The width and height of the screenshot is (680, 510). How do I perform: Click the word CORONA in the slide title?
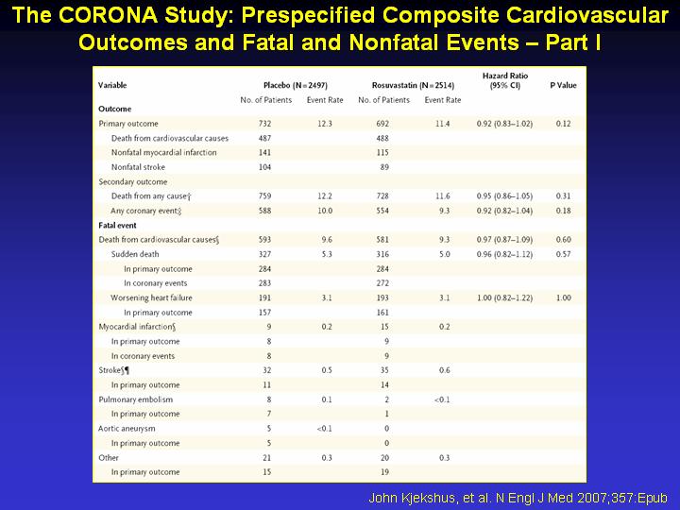(109, 16)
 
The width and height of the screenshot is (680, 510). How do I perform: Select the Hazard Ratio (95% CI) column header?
(504, 80)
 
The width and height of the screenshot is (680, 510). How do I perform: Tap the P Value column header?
(563, 85)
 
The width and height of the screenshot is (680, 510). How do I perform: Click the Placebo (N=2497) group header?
(296, 85)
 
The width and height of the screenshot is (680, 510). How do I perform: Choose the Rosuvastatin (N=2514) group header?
(413, 85)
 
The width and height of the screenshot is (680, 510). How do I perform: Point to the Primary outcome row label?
(128, 124)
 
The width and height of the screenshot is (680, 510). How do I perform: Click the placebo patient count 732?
(264, 124)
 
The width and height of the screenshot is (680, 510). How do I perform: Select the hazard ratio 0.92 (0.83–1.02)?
(504, 124)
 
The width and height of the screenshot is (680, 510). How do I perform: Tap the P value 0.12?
(563, 124)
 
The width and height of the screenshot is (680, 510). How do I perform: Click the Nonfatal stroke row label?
(138, 167)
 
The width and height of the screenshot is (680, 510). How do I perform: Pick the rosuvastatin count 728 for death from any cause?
(382, 196)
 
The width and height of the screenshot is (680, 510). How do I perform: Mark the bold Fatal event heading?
(117, 226)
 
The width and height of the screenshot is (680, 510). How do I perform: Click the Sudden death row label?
(135, 254)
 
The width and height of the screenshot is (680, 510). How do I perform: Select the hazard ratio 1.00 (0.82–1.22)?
(504, 297)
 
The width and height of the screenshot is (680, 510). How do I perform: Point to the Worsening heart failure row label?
(151, 297)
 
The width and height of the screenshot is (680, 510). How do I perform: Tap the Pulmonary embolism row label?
(135, 399)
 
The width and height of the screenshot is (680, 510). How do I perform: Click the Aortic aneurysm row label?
(127, 429)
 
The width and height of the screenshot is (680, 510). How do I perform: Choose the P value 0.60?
(563, 239)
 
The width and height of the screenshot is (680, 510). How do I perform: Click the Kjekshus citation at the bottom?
(518, 498)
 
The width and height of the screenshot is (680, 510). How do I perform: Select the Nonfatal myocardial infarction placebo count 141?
(264, 153)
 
